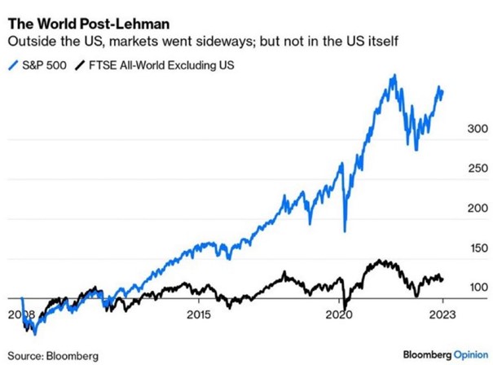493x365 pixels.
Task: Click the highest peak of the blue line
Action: pyautogui.click(x=394, y=75)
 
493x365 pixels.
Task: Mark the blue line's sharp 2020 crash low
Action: pyautogui.click(x=346, y=231)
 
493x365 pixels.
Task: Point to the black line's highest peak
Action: pyautogui.click(x=378, y=261)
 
